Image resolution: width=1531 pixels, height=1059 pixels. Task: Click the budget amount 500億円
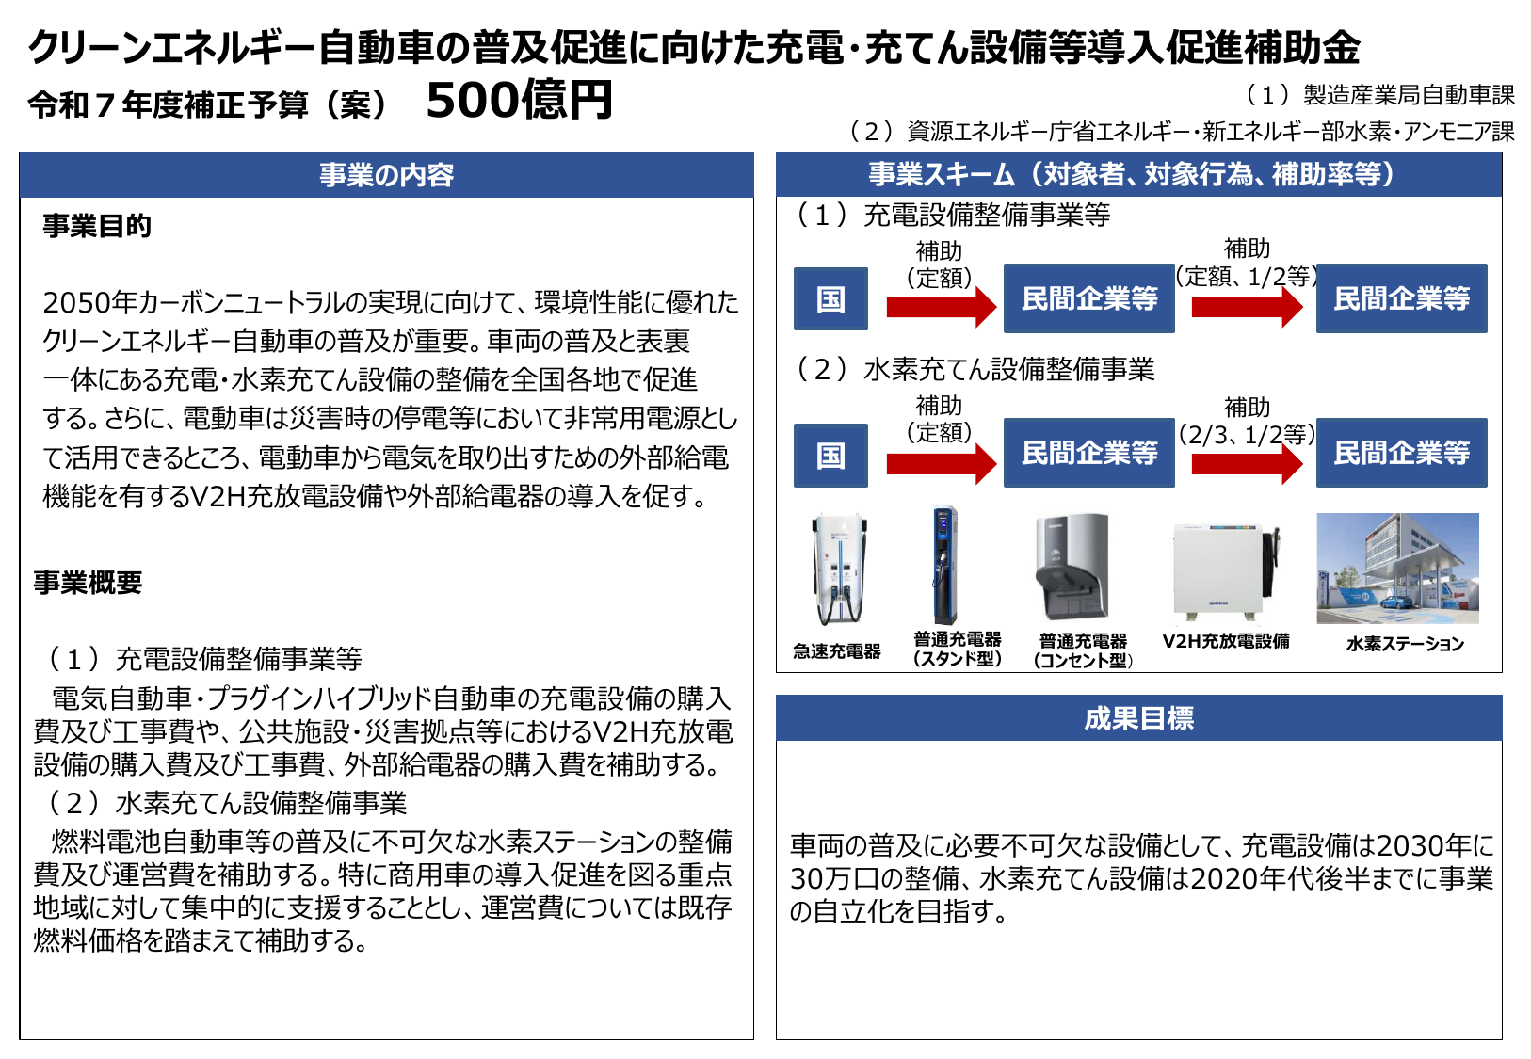tap(519, 100)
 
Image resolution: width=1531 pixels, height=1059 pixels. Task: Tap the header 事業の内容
tap(386, 175)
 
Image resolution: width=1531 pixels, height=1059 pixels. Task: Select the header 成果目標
tap(1138, 718)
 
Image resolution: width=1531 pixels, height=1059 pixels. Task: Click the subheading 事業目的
tap(97, 226)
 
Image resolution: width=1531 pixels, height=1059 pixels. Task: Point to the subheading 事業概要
tap(88, 583)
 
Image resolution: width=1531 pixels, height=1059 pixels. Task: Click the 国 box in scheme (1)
tap(830, 299)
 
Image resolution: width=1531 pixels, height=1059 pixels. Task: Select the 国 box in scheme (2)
tap(830, 455)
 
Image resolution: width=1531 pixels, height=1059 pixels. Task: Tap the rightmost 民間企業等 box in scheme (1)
tap(1401, 298)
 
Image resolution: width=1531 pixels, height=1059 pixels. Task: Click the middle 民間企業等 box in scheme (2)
tap(1088, 453)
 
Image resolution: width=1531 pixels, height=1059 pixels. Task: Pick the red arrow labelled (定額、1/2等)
tap(1247, 307)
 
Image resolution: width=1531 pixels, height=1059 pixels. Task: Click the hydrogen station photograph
tap(1397, 569)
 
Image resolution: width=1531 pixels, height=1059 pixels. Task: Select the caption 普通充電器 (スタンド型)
tap(957, 649)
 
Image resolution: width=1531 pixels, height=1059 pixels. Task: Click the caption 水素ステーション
tap(1405, 644)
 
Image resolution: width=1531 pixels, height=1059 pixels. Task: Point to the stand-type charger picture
tap(944, 566)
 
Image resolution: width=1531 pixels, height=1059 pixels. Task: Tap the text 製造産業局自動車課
tap(1409, 95)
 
